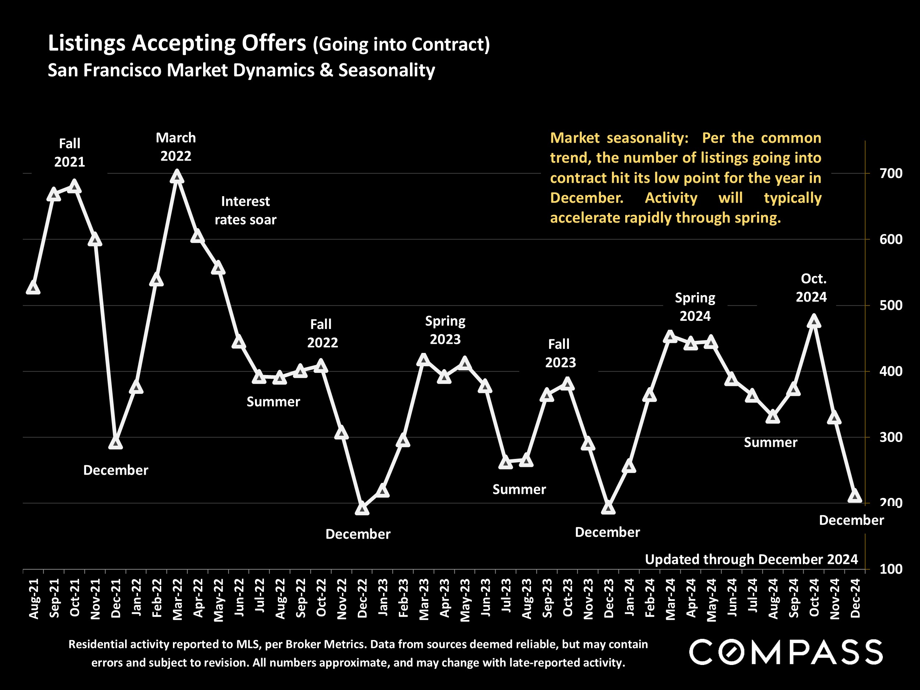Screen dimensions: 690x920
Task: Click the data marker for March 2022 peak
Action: point(177,177)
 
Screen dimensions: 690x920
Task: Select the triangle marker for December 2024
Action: point(855,496)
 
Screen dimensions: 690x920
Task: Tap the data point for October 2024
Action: point(814,322)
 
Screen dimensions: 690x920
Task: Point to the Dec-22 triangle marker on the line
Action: point(362,509)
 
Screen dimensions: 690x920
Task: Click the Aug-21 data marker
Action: point(33,288)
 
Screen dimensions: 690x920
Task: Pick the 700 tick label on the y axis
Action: point(891,173)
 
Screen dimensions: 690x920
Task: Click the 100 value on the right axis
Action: point(891,569)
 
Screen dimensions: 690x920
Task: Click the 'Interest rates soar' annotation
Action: point(245,210)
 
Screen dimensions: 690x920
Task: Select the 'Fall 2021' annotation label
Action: point(70,153)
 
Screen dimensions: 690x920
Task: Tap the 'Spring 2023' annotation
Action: point(445,330)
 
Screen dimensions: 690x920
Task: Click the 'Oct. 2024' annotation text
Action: point(811,288)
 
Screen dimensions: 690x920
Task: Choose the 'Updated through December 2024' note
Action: point(751,559)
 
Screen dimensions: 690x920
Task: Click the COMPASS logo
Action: point(786,652)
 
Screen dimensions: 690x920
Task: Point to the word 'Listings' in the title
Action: point(86,43)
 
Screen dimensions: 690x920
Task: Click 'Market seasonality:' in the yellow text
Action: point(619,138)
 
